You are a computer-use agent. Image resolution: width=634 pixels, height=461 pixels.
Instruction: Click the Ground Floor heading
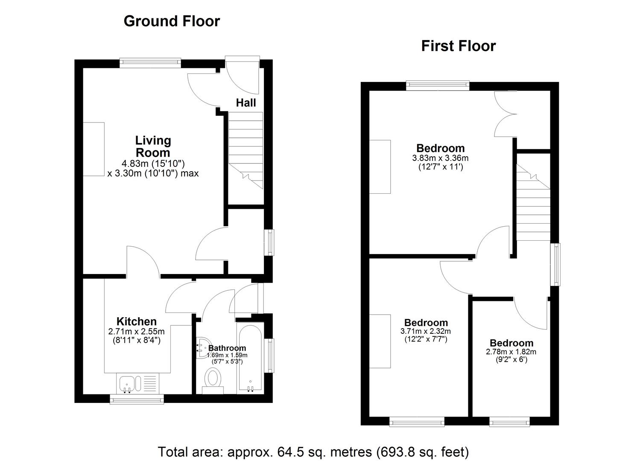[x=172, y=21]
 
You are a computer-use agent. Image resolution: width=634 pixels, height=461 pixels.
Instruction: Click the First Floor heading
[x=458, y=46]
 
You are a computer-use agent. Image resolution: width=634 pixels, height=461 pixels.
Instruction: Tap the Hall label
[x=246, y=102]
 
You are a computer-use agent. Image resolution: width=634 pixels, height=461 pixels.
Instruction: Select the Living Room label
[x=153, y=146]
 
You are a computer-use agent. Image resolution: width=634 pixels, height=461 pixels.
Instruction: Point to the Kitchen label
[x=137, y=321]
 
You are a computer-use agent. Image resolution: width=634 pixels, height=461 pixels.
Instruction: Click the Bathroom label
[x=227, y=348]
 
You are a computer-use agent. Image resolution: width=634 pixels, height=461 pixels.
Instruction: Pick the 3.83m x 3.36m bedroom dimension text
[x=440, y=158]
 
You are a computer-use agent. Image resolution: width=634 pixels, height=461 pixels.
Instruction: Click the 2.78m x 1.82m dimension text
[x=511, y=352]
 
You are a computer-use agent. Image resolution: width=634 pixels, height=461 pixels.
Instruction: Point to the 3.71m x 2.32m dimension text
[x=426, y=331]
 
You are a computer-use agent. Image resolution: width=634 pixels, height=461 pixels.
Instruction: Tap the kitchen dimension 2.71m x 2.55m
[x=137, y=331]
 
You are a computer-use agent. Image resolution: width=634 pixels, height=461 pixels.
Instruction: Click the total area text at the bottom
[x=313, y=451]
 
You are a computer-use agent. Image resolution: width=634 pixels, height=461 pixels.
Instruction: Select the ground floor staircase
[x=245, y=149]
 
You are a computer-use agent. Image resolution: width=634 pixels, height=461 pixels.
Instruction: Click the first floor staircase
[x=533, y=201]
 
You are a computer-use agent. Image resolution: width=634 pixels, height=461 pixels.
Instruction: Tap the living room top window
[x=150, y=63]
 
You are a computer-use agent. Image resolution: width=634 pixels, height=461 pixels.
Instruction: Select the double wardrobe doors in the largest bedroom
[x=505, y=114]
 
